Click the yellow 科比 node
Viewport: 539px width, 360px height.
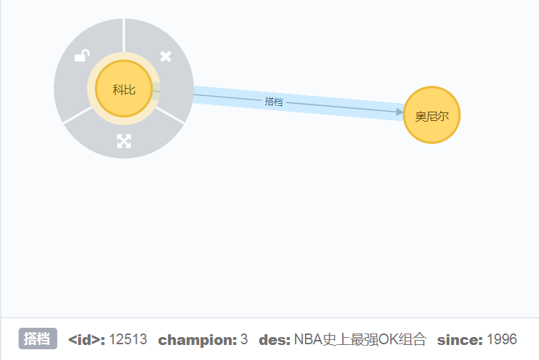(124, 89)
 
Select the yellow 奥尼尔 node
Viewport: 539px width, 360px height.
(432, 115)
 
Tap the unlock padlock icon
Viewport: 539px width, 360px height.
(83, 56)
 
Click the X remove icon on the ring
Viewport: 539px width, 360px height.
(165, 56)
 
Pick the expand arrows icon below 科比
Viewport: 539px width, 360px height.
(124, 141)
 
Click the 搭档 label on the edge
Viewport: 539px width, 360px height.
(274, 102)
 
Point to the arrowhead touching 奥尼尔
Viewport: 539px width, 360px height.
(399, 112)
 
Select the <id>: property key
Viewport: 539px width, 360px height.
(87, 339)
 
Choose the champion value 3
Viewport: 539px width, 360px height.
(244, 339)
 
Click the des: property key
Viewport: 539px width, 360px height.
(274, 339)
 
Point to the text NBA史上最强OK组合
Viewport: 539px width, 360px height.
(359, 339)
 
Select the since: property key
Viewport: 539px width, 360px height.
(460, 339)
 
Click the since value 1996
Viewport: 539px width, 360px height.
(501, 339)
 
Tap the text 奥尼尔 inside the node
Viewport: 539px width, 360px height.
(432, 116)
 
